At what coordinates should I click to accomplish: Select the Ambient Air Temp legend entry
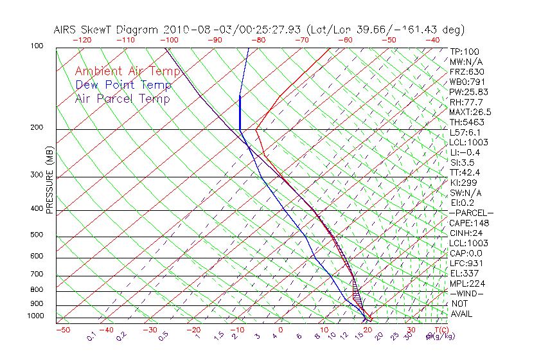coord(128,71)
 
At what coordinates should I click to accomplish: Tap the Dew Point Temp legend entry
coord(123,85)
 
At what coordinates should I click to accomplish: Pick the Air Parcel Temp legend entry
coord(122,98)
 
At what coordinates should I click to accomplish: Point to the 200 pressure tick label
coord(37,128)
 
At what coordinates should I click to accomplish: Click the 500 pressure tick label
coord(37,235)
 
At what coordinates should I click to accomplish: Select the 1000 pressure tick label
coord(35,316)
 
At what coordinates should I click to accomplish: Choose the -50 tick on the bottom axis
coord(62,330)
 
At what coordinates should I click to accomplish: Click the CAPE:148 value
coord(469,223)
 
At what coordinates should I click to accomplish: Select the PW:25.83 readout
coord(469,92)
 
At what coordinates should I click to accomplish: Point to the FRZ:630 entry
coord(467,72)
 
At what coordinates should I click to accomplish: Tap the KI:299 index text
coord(464,183)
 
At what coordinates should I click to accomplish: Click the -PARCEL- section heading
coord(471,213)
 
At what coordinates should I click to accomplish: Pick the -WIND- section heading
coord(466,293)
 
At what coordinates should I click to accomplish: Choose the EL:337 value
coord(464,273)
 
